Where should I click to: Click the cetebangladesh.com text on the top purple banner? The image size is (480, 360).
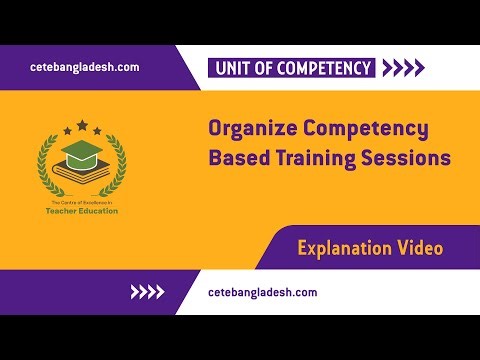point(85,67)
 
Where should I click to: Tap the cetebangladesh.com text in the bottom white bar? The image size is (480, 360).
point(263,292)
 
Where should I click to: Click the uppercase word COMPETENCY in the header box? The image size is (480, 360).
point(325,69)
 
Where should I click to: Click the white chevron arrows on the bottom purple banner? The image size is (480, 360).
point(148,293)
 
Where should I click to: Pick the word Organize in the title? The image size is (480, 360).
point(252,130)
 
